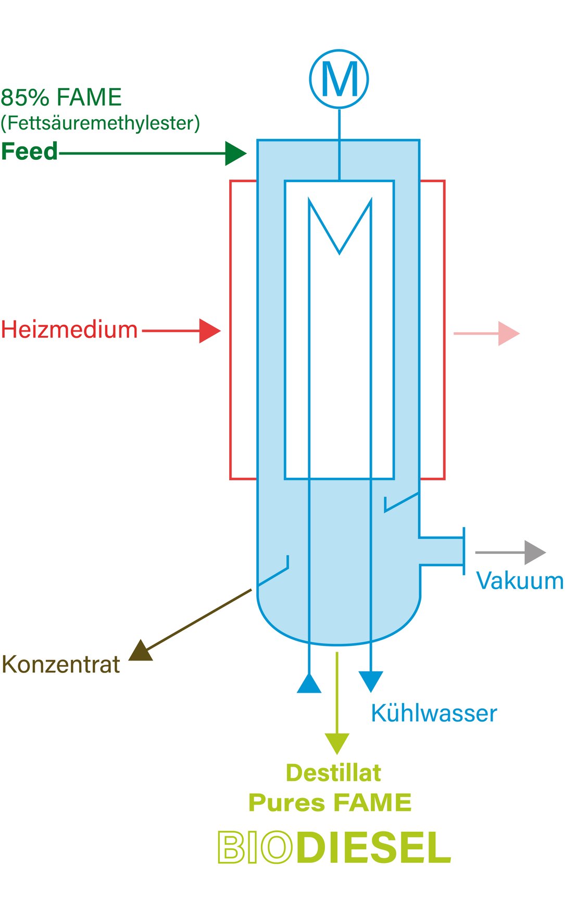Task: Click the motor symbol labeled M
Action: pyautogui.click(x=339, y=79)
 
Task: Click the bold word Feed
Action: pyautogui.click(x=29, y=151)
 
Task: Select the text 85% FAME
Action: pyautogui.click(x=61, y=97)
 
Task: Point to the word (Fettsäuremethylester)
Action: pyautogui.click(x=100, y=123)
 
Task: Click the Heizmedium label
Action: pyautogui.click(x=69, y=330)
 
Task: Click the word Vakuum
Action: pyautogui.click(x=519, y=581)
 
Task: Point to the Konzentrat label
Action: pyautogui.click(x=60, y=665)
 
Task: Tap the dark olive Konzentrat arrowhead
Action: pyautogui.click(x=141, y=652)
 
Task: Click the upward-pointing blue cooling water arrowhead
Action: pyautogui.click(x=309, y=684)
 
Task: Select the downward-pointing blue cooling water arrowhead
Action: pyautogui.click(x=371, y=680)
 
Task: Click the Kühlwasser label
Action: pyautogui.click(x=433, y=714)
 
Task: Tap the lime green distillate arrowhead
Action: pyautogui.click(x=337, y=743)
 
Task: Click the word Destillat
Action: pyautogui.click(x=333, y=773)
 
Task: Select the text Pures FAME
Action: pyautogui.click(x=330, y=803)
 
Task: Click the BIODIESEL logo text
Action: pyautogui.click(x=334, y=848)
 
